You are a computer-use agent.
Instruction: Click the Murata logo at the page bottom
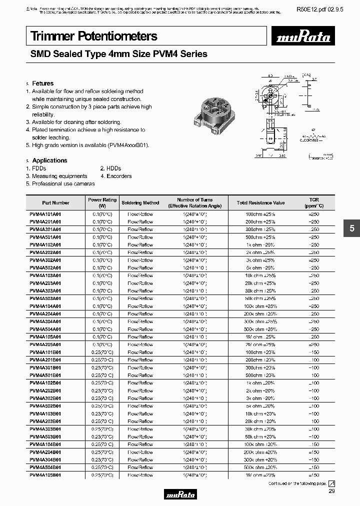180,495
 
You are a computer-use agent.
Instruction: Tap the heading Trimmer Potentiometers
94,36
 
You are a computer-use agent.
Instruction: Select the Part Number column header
55,202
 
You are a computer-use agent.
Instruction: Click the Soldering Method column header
140,202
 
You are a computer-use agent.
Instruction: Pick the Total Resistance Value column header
260,202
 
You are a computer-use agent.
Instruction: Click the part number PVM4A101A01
45,214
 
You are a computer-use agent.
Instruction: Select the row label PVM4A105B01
45,475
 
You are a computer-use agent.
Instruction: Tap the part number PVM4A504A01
45,329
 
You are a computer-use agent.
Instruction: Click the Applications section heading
49,160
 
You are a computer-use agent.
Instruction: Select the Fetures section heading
42,83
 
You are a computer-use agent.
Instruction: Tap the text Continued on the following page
297,483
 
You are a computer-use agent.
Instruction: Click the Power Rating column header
102,202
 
